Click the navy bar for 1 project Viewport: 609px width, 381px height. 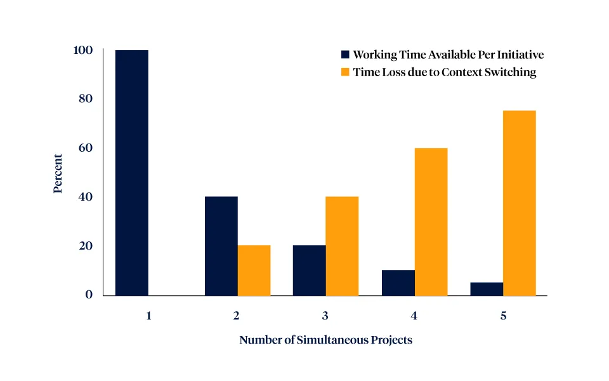(131, 172)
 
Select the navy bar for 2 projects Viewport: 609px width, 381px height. (221, 246)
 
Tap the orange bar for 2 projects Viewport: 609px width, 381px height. (254, 270)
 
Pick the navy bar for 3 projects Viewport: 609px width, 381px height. (309, 270)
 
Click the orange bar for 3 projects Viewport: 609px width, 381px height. (342, 246)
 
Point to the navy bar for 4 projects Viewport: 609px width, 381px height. (398, 283)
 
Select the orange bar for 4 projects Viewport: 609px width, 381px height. (431, 222)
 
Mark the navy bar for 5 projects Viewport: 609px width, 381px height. (487, 288)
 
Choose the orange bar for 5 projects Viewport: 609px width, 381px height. (520, 203)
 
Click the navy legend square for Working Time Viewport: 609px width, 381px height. (345, 55)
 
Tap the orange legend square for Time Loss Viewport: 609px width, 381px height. (345, 72)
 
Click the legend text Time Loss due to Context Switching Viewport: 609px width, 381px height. (444, 72)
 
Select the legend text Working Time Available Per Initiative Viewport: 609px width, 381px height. (448, 55)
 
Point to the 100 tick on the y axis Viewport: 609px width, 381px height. (84, 50)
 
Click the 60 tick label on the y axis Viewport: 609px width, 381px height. (85, 148)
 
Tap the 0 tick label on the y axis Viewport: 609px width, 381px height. (89, 295)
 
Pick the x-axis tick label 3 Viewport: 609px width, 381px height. (325, 316)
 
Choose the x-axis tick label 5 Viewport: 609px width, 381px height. (503, 316)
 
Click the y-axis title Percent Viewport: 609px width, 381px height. (58, 173)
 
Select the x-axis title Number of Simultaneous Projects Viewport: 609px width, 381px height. (325, 340)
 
